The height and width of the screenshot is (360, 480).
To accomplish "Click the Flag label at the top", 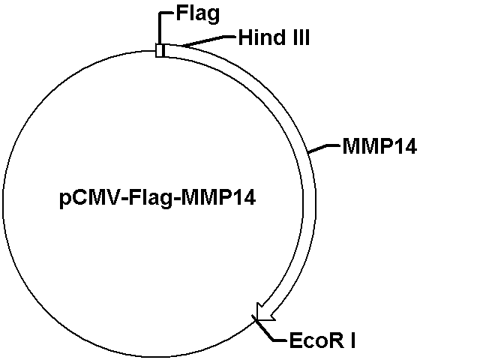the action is coord(198,15).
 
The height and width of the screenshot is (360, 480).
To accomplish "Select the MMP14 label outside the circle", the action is coord(379,146).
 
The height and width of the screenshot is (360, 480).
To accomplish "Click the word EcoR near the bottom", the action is coord(316,340).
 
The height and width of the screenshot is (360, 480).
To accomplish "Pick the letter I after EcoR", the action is coord(353,340).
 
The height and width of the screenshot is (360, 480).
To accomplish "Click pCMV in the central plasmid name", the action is coord(90,198).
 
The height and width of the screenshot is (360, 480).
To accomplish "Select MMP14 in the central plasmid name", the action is coord(218,197).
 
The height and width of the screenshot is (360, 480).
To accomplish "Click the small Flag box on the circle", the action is coord(160,50).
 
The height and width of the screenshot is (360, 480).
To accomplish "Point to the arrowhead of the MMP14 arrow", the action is coord(265,313).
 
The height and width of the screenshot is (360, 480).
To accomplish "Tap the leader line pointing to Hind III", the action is coord(208,41).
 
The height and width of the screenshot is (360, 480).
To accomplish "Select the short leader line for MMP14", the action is coord(324,148).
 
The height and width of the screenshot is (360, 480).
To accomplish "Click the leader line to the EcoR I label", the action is coord(269,331).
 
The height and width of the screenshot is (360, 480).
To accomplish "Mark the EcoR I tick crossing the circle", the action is coord(255,318).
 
